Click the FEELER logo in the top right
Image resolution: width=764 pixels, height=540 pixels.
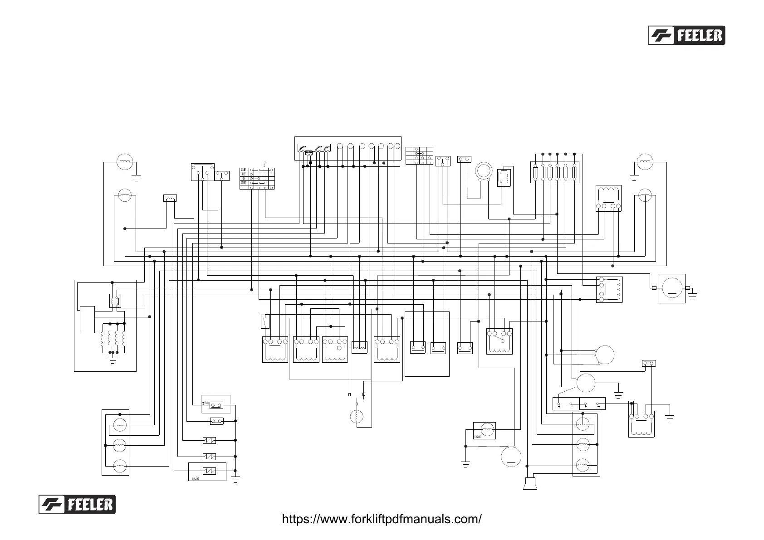click(x=686, y=35)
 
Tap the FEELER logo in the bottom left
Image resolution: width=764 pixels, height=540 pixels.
click(x=77, y=504)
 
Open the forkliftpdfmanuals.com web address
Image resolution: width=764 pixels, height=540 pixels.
click(x=382, y=519)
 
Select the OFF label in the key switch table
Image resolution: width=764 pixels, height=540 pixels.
click(x=244, y=174)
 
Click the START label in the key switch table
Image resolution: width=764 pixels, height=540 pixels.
click(x=244, y=183)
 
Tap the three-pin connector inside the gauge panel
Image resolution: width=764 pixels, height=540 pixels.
click(x=309, y=153)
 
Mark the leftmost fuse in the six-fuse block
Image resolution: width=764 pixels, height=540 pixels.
click(x=536, y=172)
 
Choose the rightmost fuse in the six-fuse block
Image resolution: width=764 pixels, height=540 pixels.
click(x=574, y=172)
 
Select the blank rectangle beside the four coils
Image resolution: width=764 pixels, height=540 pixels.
click(x=87, y=319)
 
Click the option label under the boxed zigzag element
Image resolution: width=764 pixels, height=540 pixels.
click(x=196, y=478)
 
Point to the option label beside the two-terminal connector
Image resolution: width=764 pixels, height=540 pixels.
click(x=205, y=403)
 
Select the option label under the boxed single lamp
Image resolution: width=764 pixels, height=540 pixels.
click(x=478, y=437)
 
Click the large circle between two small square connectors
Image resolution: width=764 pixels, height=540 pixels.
click(x=671, y=288)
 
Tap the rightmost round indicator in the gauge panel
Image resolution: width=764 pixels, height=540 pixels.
click(x=397, y=146)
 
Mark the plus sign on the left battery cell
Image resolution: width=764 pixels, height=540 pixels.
click(x=559, y=406)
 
